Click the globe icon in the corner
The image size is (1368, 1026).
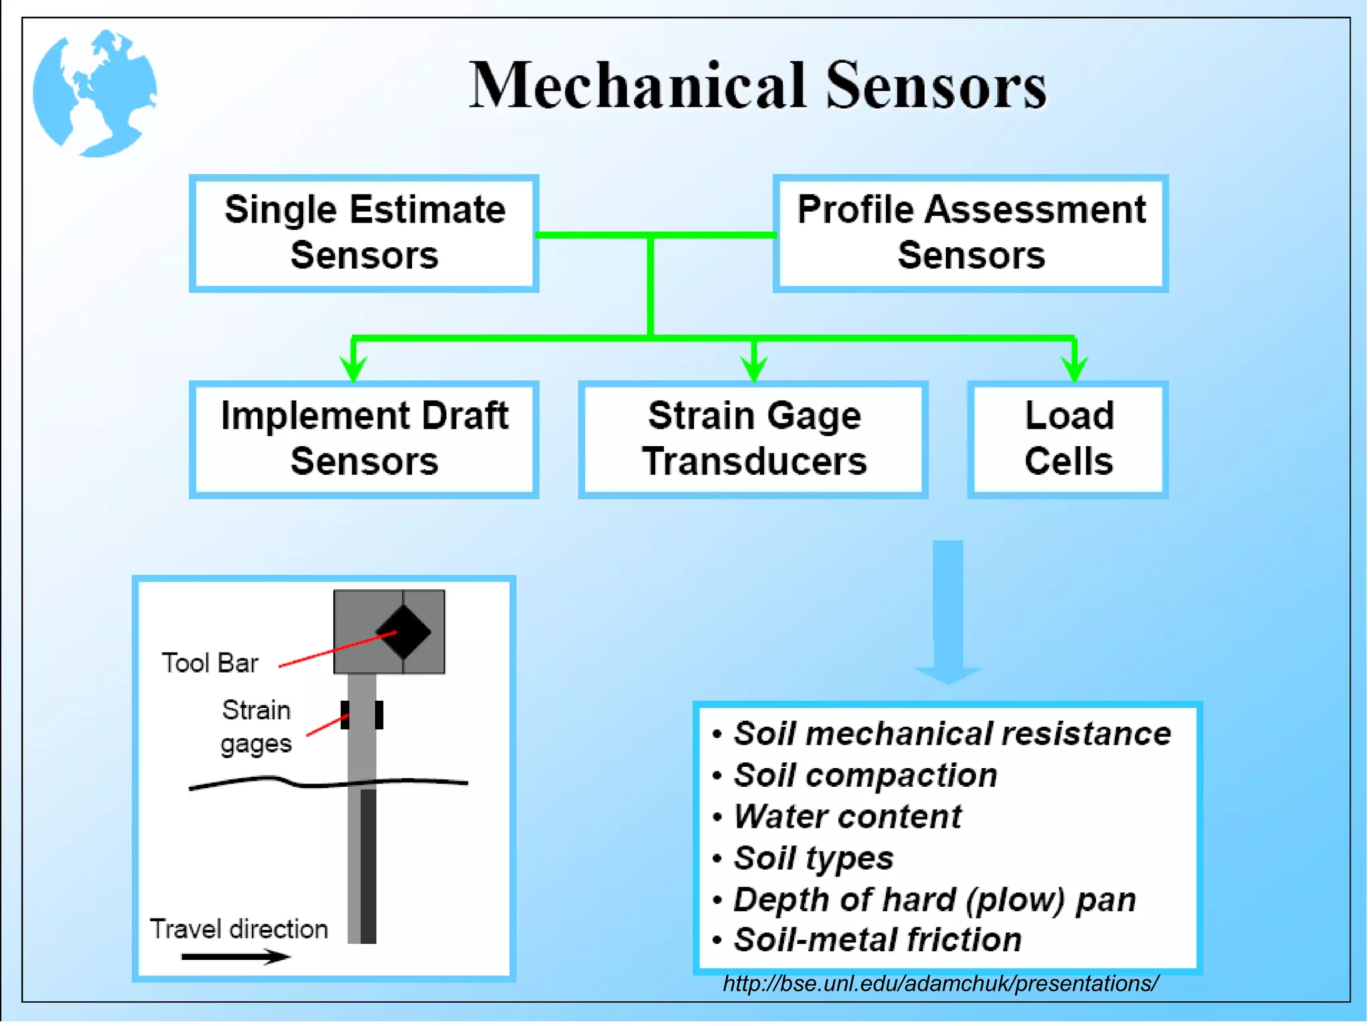[95, 93]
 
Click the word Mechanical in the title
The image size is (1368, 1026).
[637, 86]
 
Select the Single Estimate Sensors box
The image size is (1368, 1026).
[364, 233]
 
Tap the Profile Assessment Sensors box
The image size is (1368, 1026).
[971, 233]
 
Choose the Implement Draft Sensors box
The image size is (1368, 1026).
[364, 439]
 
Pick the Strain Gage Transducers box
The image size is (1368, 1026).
[753, 439]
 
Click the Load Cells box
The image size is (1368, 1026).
[1068, 439]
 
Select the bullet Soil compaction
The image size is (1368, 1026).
[865, 776]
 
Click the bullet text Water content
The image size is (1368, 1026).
[847, 817]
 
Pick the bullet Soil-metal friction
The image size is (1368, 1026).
[877, 940]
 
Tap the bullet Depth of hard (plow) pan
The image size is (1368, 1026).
[934, 899]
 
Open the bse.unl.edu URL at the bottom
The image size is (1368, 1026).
[940, 984]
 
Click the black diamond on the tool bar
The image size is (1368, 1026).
[403, 632]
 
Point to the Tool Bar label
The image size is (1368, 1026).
[210, 663]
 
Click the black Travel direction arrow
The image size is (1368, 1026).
[235, 957]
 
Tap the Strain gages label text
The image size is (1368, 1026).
[256, 727]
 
